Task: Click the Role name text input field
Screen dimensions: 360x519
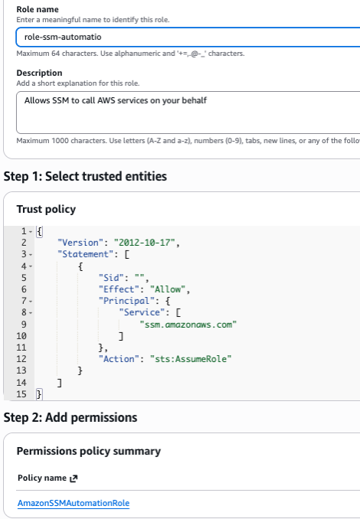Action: point(188,37)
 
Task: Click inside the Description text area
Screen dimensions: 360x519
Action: point(188,113)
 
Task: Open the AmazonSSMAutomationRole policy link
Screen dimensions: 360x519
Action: point(74,503)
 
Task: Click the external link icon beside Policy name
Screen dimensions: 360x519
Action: point(74,478)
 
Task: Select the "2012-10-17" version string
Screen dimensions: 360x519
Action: point(145,243)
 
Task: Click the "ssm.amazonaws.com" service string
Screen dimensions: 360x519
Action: point(188,325)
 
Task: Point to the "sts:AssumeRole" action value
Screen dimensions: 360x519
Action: point(191,359)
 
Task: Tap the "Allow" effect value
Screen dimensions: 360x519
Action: point(168,289)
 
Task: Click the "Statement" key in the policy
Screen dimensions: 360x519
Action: point(83,254)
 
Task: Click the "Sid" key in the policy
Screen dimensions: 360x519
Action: point(111,278)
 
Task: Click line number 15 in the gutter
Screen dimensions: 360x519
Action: point(21,394)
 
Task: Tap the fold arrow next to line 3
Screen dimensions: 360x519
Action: point(31,255)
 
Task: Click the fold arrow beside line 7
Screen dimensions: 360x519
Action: point(31,301)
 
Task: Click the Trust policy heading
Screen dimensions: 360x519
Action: point(46,209)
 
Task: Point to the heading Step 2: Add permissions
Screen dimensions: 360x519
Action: point(70,417)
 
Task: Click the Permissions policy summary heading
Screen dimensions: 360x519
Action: point(89,451)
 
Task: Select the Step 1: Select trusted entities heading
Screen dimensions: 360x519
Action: point(85,176)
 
